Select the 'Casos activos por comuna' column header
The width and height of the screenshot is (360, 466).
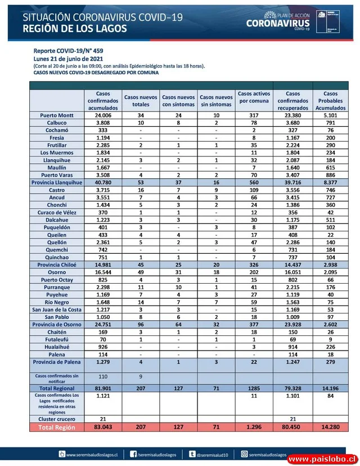254,97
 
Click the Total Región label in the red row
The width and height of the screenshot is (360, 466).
57,428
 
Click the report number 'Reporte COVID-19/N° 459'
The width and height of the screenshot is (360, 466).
68,51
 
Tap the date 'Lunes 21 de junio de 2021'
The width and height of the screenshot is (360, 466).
69,59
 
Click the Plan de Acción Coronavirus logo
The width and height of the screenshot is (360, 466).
278,21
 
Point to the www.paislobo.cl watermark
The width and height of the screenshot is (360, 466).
322,459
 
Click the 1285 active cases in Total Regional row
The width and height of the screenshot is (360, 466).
254,388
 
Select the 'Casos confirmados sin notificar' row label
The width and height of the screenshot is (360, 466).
57,378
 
